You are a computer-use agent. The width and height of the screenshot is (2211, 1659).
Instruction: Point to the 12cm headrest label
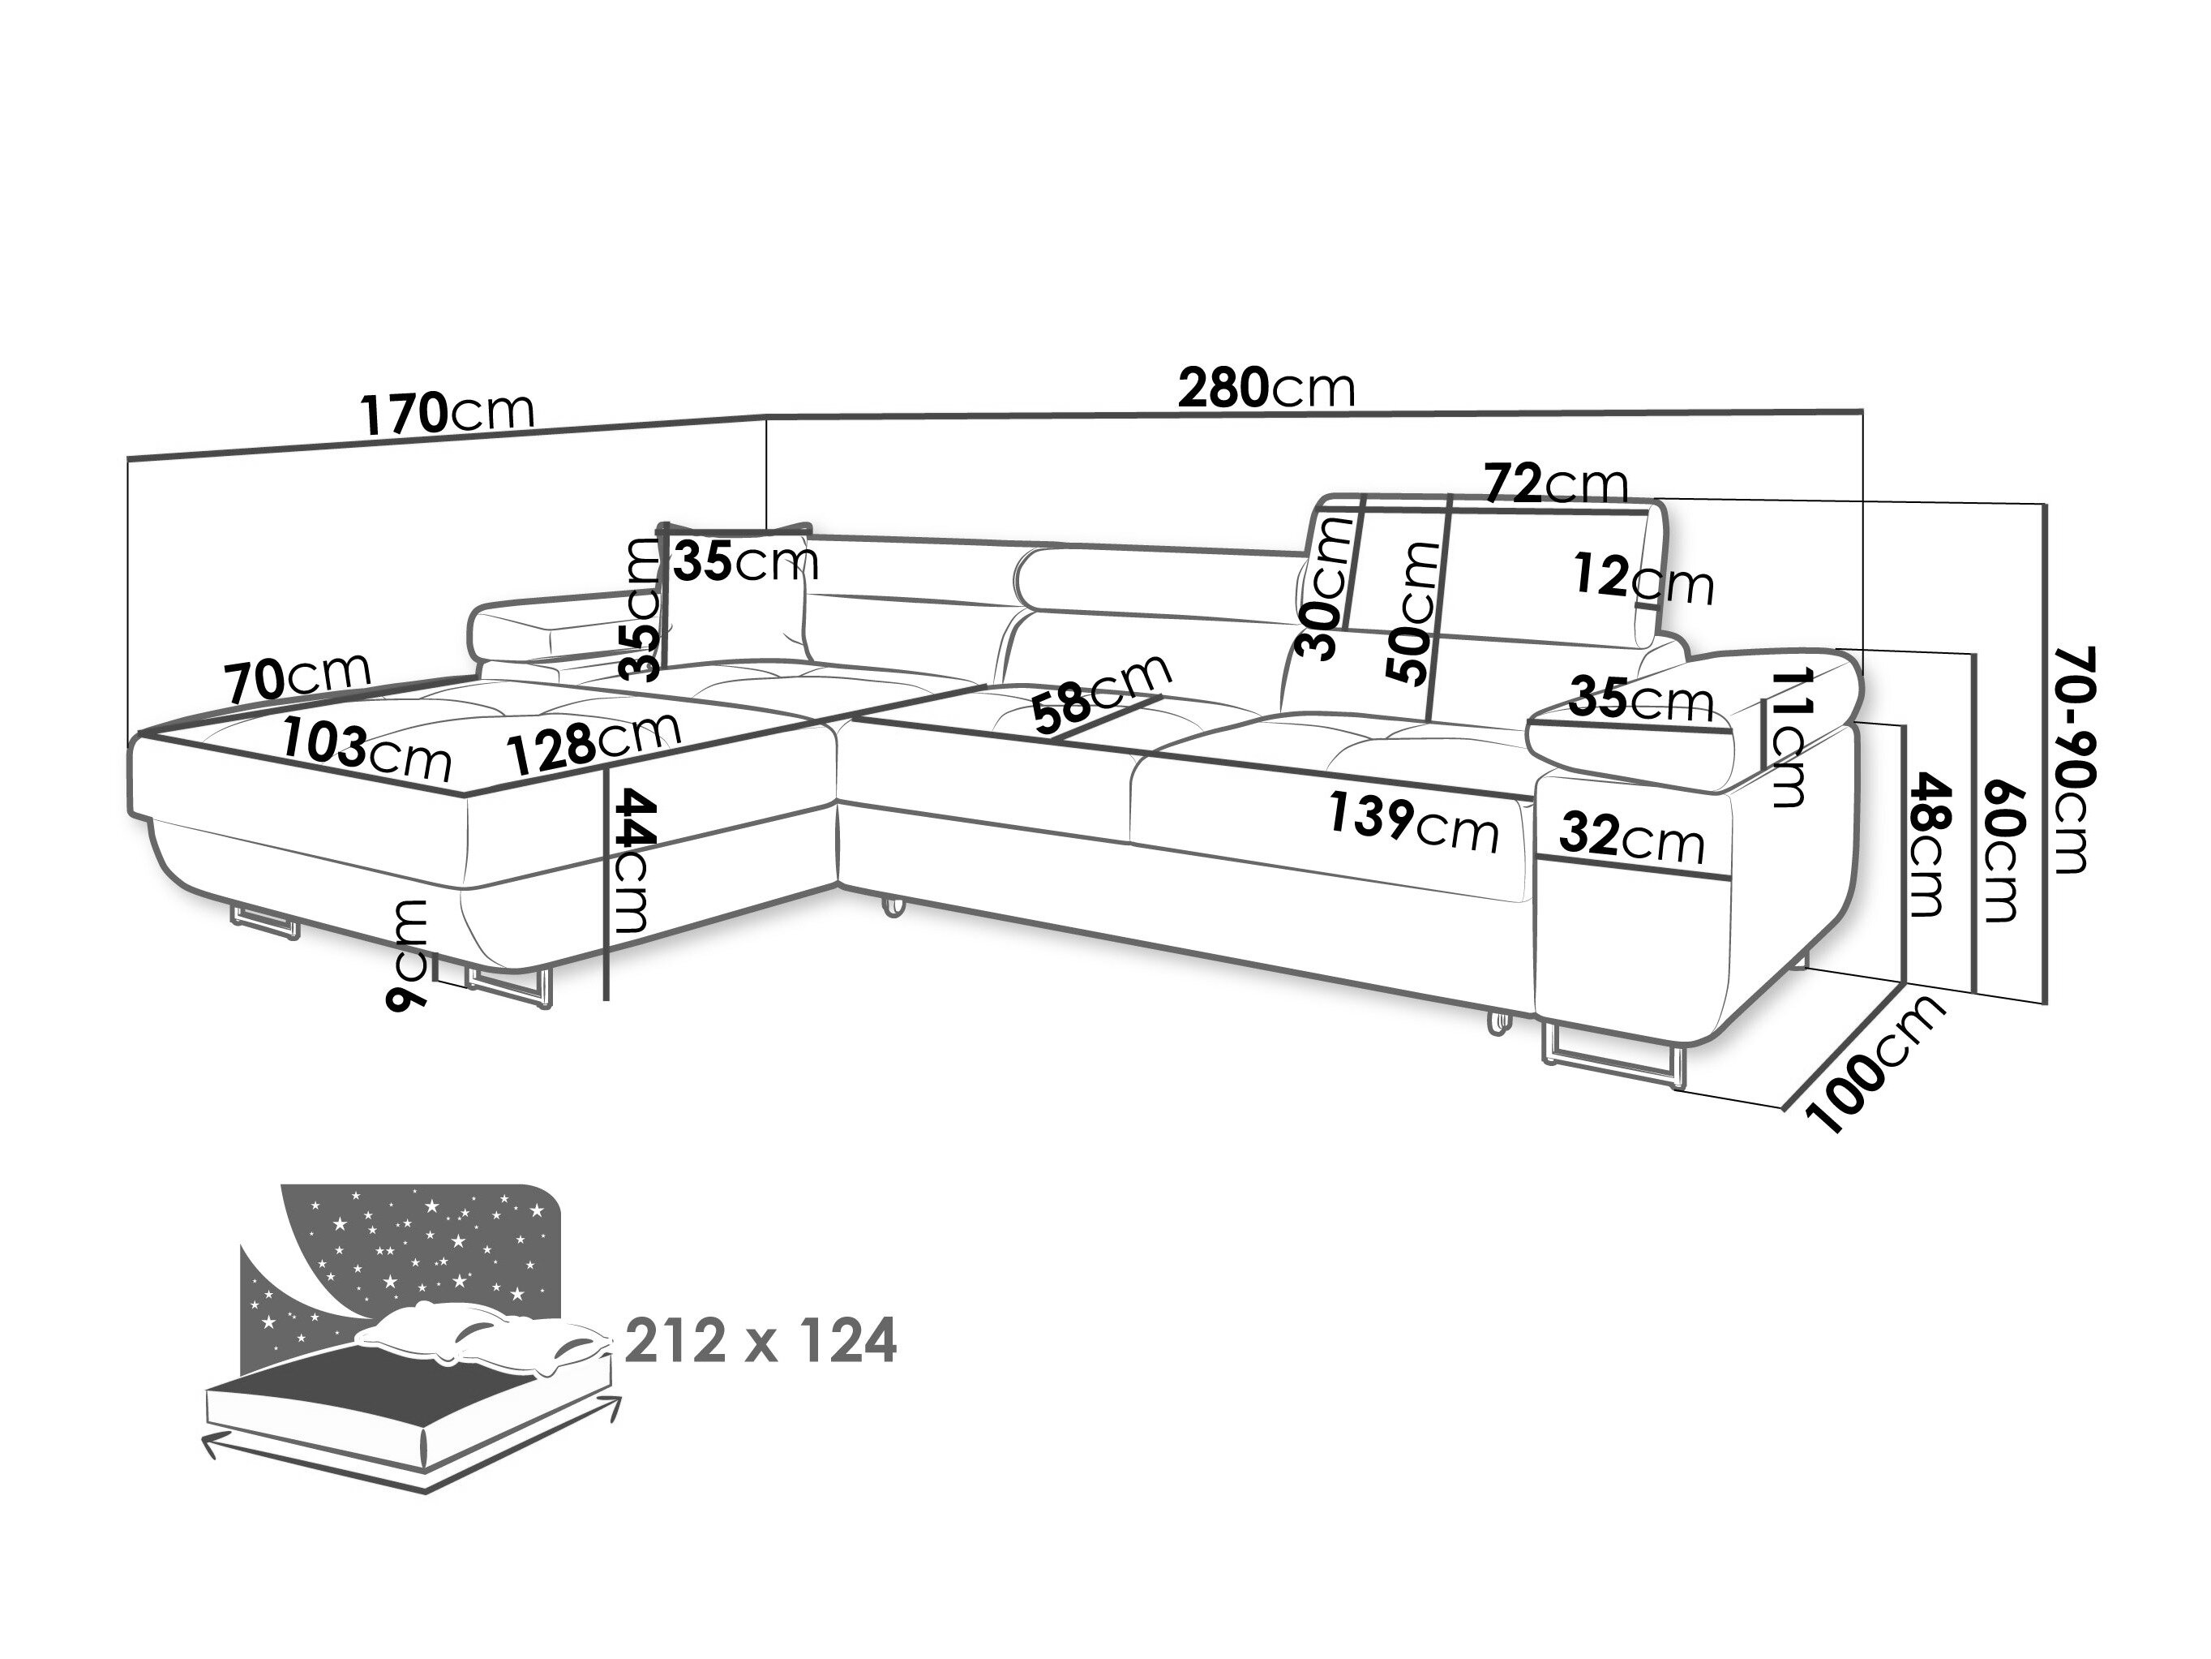point(1643,579)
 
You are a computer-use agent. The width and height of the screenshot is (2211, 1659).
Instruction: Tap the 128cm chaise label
point(593,741)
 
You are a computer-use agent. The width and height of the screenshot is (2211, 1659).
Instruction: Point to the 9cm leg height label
point(409,953)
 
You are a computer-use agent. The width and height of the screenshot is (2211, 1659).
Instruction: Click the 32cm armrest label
point(1630,836)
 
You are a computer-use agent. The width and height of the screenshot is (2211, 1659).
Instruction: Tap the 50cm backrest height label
point(1413,612)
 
